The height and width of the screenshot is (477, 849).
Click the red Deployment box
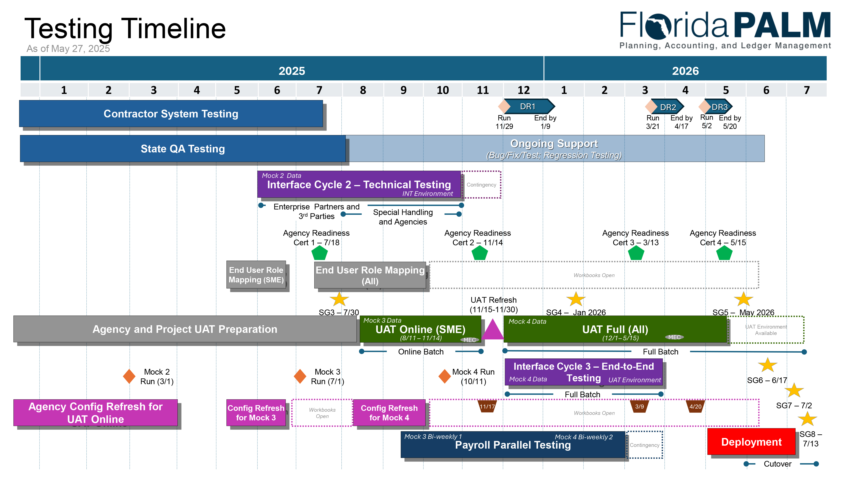[x=751, y=442]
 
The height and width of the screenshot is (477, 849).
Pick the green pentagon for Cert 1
[x=319, y=253]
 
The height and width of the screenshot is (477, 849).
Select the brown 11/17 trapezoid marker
[x=487, y=406]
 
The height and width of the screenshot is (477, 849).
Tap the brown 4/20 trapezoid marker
[x=695, y=406]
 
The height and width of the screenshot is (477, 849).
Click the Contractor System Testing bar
[x=171, y=114]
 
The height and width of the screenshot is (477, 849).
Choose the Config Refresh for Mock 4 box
[x=389, y=413]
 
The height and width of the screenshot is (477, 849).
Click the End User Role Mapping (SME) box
[x=256, y=275]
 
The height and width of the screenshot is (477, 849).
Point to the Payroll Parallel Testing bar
[x=513, y=444]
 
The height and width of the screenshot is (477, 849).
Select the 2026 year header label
[x=685, y=71]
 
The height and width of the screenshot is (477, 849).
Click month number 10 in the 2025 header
[x=443, y=90]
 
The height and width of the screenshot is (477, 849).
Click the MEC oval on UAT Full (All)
[x=674, y=337]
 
